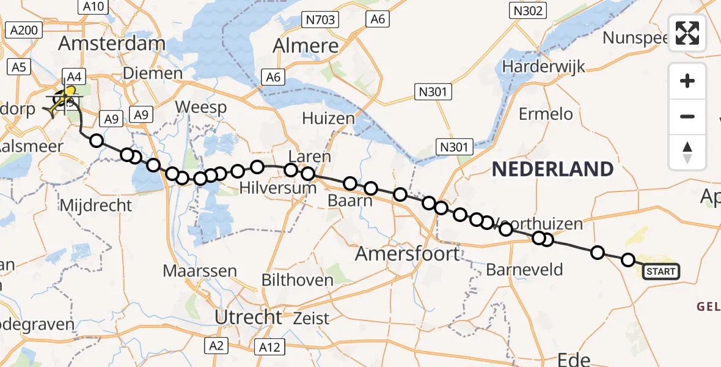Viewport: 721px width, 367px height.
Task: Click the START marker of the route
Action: click(661, 271)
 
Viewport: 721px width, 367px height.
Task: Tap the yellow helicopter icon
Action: click(63, 101)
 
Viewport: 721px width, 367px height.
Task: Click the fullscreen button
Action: click(687, 33)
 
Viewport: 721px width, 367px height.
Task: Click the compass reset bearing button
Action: click(687, 152)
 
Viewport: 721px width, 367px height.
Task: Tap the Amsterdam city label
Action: click(111, 44)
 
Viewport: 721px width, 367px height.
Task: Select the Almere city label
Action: click(306, 46)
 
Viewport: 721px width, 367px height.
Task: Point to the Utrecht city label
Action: click(248, 317)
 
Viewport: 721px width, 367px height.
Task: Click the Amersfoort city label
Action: click(408, 253)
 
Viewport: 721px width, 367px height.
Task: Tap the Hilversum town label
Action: click(278, 188)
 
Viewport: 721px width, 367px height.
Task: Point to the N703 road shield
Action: click(320, 20)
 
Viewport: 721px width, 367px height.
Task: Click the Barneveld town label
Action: click(524, 269)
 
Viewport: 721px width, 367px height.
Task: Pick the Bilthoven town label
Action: click(298, 281)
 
